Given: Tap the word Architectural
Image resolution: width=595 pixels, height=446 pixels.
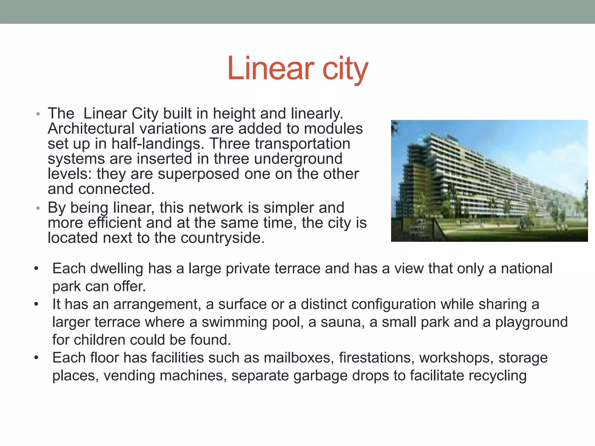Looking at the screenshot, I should point(91,128).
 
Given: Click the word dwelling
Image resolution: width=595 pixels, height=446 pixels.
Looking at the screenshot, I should point(117,268).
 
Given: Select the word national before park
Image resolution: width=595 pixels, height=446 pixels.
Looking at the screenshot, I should point(526,268).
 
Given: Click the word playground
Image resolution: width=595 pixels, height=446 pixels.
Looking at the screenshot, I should point(531,322).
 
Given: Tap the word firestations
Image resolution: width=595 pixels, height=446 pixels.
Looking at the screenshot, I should point(377,357).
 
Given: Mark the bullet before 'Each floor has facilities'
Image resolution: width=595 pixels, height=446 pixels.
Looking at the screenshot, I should point(36,357).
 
